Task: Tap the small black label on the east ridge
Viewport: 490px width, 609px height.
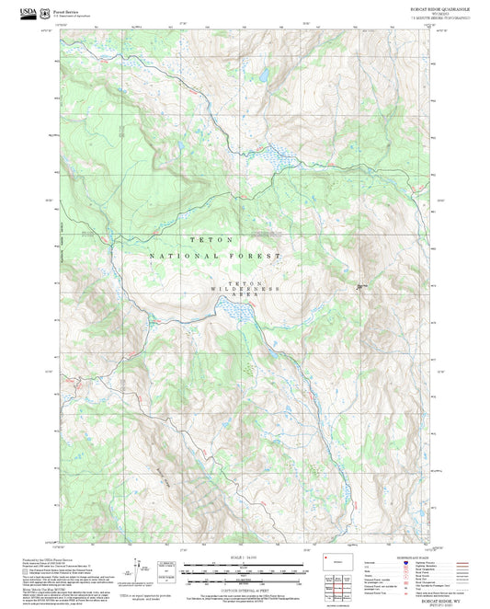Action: pyautogui.click(x=362, y=287)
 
